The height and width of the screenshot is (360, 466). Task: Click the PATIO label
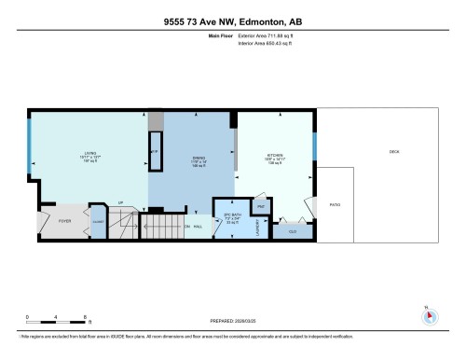[x=335, y=203]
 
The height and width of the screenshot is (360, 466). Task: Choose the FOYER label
[x=65, y=221]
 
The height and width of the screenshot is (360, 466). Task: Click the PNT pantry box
[x=261, y=207]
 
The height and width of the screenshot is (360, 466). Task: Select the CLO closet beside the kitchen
[x=292, y=230]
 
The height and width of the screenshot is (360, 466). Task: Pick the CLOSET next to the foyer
[x=98, y=221]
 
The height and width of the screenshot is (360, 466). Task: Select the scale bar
[x=56, y=323]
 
